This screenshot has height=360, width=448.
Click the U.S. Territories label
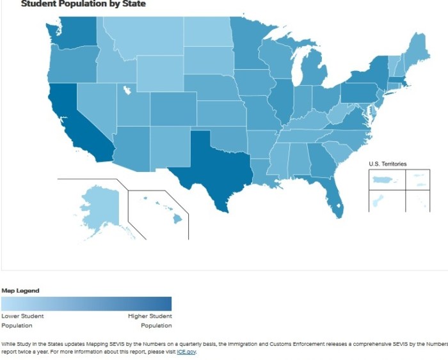(x=387, y=164)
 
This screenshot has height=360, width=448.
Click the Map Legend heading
(x=20, y=291)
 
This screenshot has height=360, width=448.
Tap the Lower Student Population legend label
(x=22, y=320)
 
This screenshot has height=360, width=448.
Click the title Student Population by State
(x=83, y=4)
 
